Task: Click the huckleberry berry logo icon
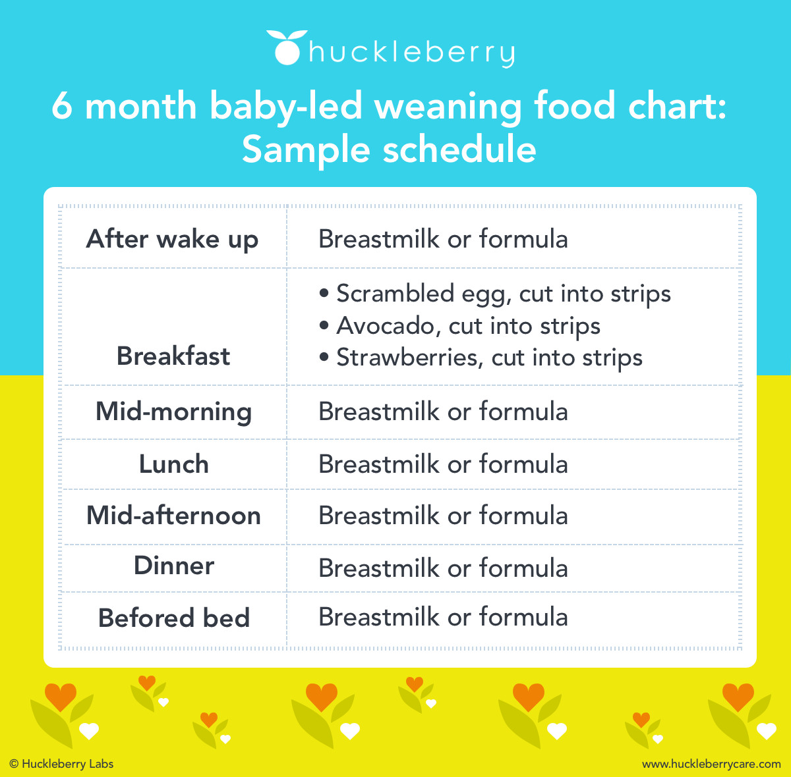286,48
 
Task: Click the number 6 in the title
61,107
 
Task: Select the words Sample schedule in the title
389,149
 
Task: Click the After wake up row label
173,239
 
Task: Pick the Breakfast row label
173,356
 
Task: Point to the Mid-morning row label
173,412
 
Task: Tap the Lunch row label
173,464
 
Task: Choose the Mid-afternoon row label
173,516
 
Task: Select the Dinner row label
174,566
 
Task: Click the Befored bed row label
174,618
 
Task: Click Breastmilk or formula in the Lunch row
443,464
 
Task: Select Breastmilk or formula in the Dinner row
443,568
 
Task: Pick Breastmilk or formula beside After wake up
443,239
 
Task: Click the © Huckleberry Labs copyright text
61,764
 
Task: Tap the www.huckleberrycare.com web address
711,764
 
